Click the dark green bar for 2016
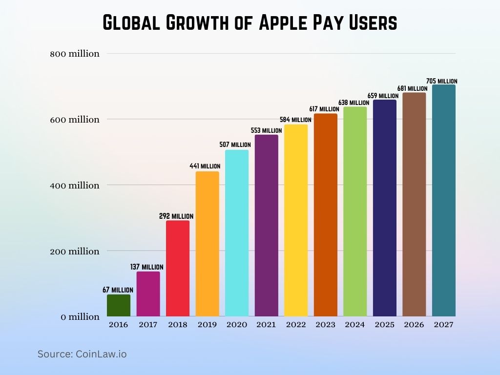coord(119,306)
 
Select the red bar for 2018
coord(178,269)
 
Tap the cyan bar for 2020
coord(237,233)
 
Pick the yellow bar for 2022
coord(296,221)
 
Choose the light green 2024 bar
coord(355,211)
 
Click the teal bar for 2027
coord(443,201)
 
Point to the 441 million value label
coord(205,167)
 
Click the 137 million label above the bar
coord(147,267)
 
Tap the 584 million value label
coord(295,120)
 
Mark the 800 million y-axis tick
coord(75,54)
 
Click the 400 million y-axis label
coord(75,186)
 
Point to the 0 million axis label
coord(80,317)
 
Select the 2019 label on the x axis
coord(207,325)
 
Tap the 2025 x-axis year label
coord(384,325)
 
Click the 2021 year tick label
coord(266,325)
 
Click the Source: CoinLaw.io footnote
coord(82,354)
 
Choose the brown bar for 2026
coord(414,205)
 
